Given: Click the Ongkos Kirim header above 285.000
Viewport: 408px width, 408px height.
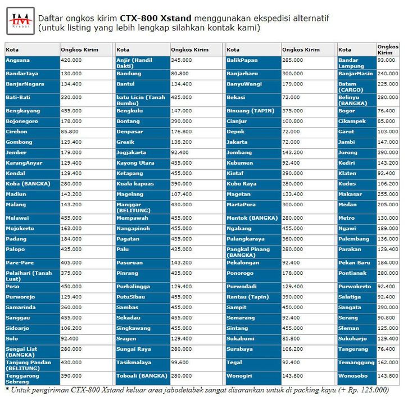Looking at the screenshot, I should (x=301, y=50).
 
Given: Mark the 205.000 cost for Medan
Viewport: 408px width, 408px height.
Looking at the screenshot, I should (x=386, y=205).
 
